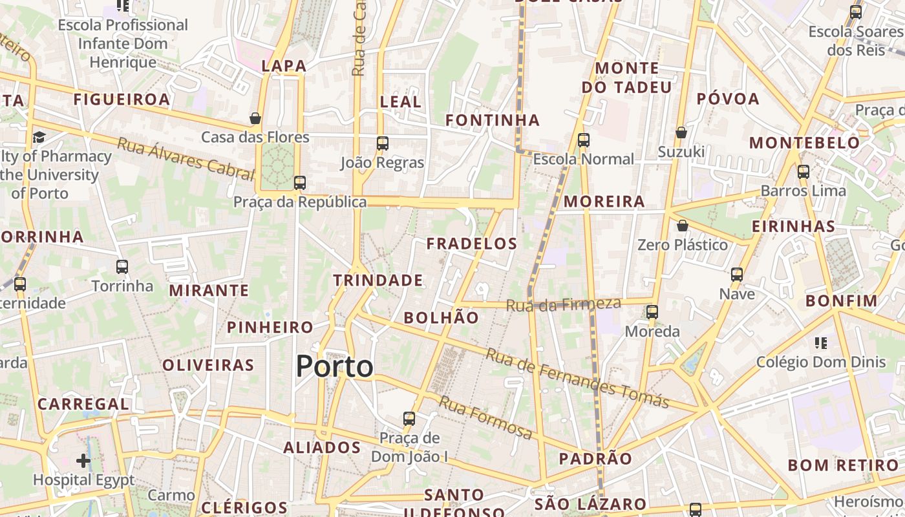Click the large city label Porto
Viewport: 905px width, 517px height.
coord(334,366)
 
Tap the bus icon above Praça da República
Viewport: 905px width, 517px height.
coord(299,182)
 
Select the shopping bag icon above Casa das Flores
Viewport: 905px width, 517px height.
coord(255,118)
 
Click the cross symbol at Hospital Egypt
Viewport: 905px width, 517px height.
coord(83,461)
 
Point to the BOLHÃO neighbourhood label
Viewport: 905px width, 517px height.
coord(442,317)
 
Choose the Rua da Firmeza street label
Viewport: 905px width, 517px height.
coord(563,304)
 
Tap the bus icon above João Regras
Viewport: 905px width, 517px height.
coord(383,143)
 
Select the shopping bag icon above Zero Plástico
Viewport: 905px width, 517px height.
coord(682,226)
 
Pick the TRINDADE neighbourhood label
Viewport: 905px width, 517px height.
coord(378,280)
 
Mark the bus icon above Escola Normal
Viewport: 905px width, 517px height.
coord(584,140)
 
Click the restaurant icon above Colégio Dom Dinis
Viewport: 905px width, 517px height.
coord(821,343)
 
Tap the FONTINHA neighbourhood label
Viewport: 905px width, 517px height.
coord(493,120)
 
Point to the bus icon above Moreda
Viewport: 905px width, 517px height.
coord(652,312)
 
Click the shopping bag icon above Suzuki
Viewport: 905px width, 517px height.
coord(681,132)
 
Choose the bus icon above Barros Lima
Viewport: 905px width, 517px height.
coord(804,172)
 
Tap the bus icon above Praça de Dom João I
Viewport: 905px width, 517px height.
coord(409,418)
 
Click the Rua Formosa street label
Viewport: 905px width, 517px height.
coord(486,417)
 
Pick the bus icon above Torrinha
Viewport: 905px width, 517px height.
coord(122,266)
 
